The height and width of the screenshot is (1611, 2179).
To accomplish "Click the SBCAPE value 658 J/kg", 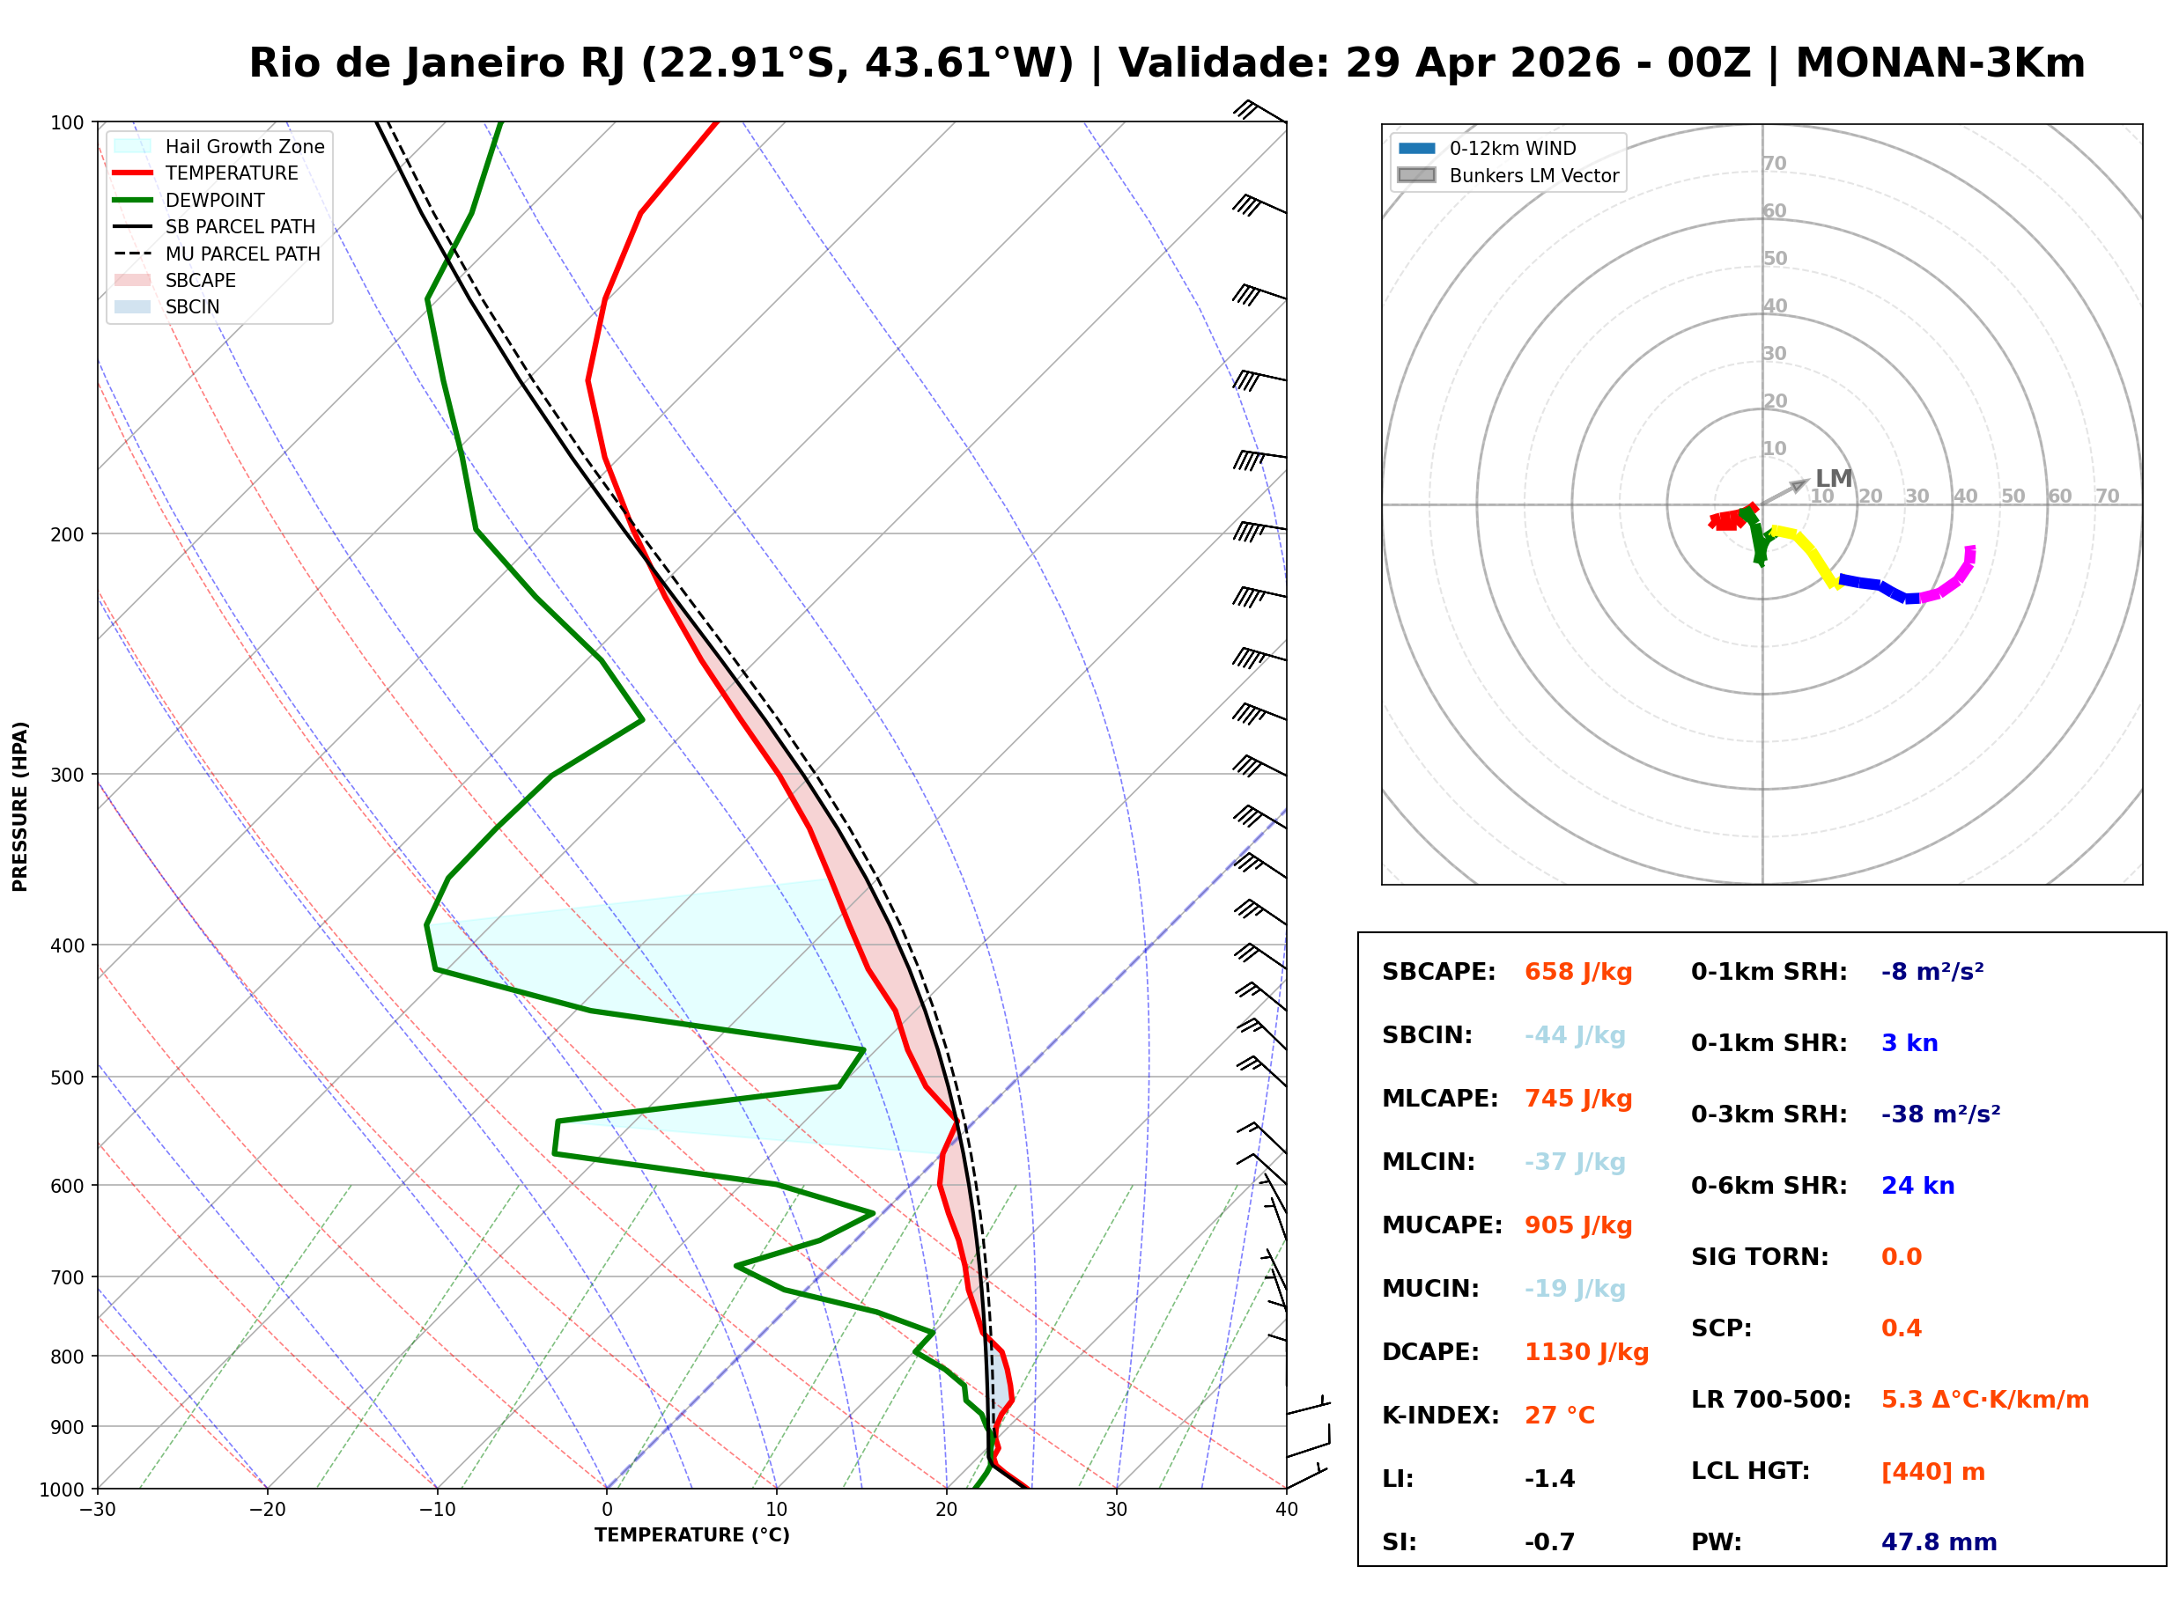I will pos(1577,972).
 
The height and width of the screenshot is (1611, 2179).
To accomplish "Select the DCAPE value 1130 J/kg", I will pos(1586,1352).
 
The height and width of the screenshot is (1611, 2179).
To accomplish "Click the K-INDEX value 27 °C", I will pos(1559,1416).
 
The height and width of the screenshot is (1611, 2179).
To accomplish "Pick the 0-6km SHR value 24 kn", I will pos(1917,1187).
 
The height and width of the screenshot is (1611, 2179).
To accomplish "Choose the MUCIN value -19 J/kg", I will pos(1574,1289).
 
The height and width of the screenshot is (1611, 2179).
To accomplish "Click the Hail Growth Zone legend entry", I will pos(244,146).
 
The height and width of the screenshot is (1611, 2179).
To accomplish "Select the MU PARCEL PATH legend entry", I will pos(242,254).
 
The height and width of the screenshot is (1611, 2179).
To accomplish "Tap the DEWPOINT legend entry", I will pos(215,200).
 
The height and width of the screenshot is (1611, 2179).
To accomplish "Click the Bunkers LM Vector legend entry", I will pos(1533,175).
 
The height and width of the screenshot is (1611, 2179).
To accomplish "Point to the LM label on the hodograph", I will pos(1833,479).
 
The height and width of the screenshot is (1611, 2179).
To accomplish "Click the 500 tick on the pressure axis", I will pos(67,1078).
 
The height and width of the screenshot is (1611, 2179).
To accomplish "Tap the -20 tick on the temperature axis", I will pos(267,1510).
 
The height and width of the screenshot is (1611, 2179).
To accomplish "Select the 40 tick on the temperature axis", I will pos(1286,1510).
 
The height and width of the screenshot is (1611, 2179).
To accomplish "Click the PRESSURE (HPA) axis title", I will pos(20,806).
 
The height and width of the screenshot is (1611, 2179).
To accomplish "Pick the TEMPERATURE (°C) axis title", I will pos(691,1535).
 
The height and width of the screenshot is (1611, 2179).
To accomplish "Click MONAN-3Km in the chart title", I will pos(1940,63).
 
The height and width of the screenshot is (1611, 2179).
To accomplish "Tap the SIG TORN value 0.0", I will pos(1901,1258).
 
